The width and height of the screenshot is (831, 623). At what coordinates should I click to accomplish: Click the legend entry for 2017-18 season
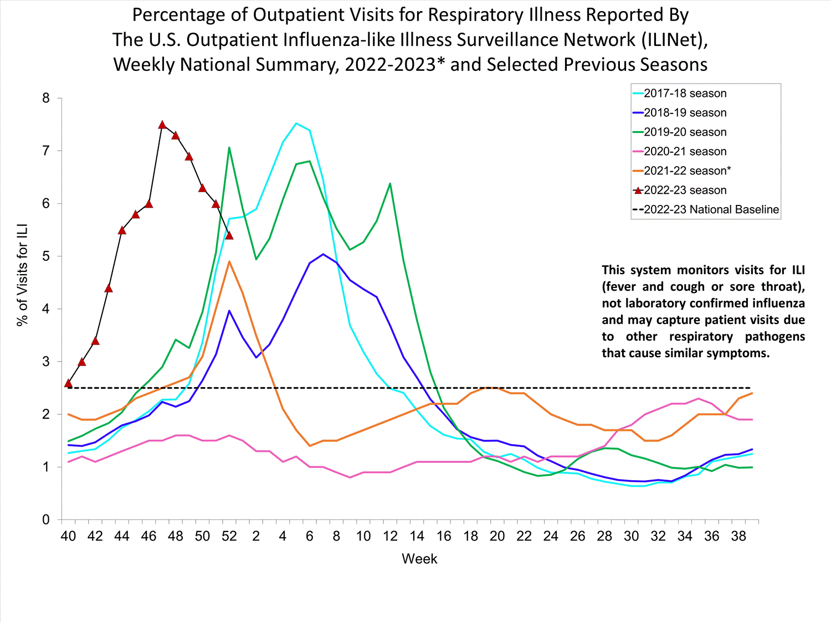point(685,94)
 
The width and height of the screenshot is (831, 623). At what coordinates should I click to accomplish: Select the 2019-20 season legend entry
point(685,132)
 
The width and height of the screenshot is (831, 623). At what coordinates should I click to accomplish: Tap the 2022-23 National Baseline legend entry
point(711,210)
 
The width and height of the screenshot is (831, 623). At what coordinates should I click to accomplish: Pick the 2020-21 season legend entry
point(685,152)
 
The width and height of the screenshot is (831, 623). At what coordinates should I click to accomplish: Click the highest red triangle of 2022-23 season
point(162,125)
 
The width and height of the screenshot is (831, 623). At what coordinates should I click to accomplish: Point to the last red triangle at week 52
point(229,236)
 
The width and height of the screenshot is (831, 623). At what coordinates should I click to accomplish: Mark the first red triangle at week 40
point(69,383)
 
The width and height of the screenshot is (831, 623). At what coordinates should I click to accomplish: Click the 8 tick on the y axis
point(46,99)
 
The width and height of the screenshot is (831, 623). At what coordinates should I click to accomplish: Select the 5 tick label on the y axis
point(46,256)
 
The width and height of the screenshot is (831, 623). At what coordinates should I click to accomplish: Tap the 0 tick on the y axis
point(46,520)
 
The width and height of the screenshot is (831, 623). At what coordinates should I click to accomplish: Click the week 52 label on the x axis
point(229,536)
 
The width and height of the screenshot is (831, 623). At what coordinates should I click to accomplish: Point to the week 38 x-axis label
point(738,536)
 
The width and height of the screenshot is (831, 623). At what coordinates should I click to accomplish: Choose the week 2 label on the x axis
point(256,536)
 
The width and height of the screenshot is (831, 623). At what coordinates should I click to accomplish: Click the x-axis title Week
point(419,559)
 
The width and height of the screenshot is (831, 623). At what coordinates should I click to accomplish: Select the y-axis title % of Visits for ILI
point(22,275)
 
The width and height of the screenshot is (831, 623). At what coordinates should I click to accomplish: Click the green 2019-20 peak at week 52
point(229,147)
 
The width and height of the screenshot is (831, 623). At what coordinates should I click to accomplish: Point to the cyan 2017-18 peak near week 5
point(296,123)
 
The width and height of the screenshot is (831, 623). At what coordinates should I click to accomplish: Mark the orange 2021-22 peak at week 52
point(229,261)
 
